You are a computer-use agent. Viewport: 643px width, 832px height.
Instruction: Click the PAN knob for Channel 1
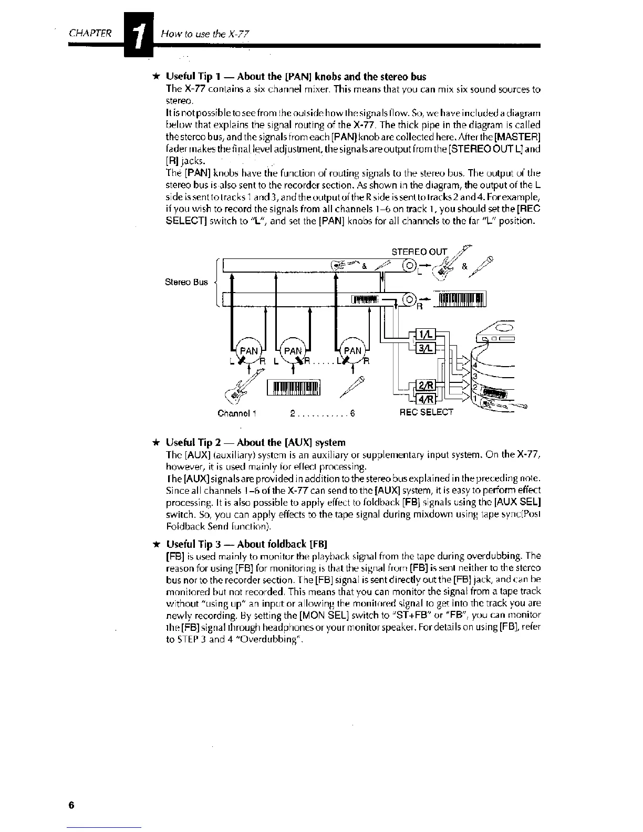pos(249,350)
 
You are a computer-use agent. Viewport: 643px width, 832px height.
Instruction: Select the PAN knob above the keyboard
pos(294,350)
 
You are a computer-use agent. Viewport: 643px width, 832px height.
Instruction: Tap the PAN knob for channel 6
pos(352,350)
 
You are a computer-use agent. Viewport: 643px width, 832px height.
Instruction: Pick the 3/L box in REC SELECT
pos(424,348)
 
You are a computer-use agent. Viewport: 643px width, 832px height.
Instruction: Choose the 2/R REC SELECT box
pos(424,386)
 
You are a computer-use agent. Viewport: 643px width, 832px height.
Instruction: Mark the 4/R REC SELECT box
pos(424,399)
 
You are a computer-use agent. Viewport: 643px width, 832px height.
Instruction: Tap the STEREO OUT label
pos(420,251)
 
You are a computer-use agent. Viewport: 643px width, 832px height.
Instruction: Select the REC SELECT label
pos(426,412)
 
